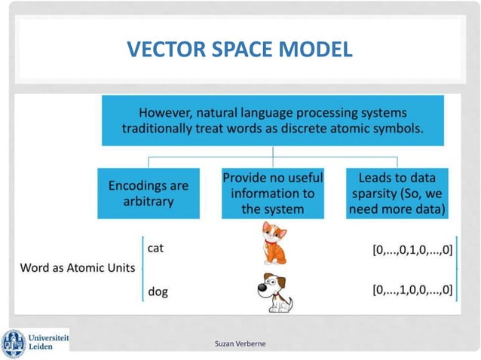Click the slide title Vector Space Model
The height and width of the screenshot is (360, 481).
tap(240, 50)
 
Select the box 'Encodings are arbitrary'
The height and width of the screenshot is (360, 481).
tap(149, 193)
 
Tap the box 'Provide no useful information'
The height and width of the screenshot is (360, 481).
tap(272, 193)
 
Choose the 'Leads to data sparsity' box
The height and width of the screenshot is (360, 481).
tap(397, 193)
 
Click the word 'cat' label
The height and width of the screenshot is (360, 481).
tap(156, 248)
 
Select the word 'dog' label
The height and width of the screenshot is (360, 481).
tap(157, 289)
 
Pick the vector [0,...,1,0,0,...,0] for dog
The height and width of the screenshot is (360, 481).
tap(412, 288)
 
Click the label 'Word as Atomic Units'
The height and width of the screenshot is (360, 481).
tap(78, 267)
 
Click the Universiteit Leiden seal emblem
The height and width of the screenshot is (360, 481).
tap(14, 343)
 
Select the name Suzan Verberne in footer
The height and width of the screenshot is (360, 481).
tap(240, 344)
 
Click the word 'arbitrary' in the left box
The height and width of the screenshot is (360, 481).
tap(149, 202)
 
